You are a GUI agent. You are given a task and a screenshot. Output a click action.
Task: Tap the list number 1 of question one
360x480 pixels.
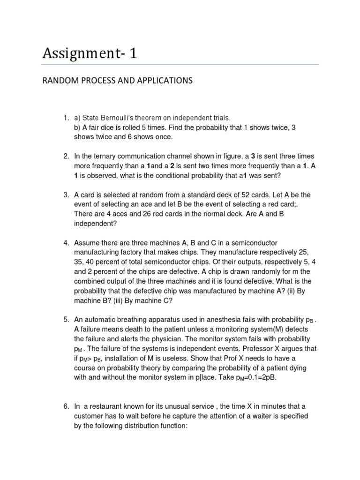coord(66,118)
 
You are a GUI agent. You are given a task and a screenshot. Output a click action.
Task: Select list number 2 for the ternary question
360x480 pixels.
coord(66,156)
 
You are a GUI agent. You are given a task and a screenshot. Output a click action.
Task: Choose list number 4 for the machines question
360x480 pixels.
coord(66,243)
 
